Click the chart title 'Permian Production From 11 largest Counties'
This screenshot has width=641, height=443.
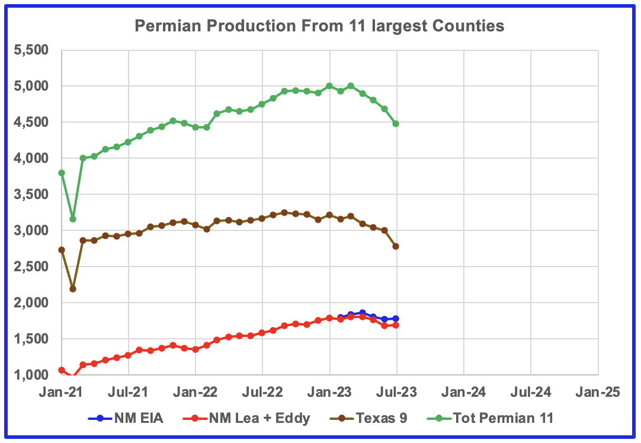[319, 26]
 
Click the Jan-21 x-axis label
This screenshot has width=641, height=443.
[62, 392]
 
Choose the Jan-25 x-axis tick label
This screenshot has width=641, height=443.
[597, 392]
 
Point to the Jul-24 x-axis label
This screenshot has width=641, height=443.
[530, 392]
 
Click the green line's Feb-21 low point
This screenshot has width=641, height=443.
[73, 219]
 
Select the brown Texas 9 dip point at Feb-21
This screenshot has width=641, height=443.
[73, 289]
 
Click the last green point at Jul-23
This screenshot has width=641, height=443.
[396, 124]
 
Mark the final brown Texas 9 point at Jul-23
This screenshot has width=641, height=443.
[396, 246]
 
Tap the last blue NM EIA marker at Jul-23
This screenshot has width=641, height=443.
[396, 319]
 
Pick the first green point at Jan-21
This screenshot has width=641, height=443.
[62, 173]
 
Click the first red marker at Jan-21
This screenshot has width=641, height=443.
[62, 370]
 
